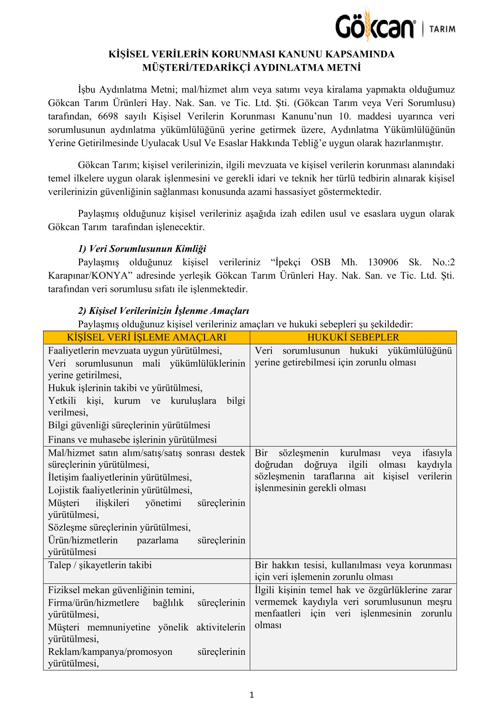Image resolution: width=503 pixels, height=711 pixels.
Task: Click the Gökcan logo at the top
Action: [x=375, y=26]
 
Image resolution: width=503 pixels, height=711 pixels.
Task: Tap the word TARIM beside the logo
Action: [x=442, y=29]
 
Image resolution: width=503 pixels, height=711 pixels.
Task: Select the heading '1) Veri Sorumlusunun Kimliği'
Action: [x=142, y=249]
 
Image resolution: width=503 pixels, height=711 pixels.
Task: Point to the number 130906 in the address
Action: [x=383, y=262]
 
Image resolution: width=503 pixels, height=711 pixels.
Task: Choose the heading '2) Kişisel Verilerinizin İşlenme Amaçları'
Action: [x=164, y=311]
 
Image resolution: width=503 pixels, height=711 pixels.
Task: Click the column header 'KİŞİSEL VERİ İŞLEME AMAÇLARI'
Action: [x=146, y=338]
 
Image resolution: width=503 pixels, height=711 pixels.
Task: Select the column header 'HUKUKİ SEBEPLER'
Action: [x=353, y=338]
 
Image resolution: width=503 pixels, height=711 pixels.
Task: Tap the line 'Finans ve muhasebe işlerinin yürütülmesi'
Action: [x=132, y=440]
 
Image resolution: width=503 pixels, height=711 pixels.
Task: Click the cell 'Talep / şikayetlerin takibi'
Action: [x=100, y=565]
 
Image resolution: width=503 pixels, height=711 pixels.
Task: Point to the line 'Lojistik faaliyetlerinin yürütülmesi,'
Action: [x=120, y=490]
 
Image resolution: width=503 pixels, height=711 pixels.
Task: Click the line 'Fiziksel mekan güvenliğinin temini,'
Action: [x=121, y=590]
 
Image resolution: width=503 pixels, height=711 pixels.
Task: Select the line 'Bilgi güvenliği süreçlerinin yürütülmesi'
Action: [x=129, y=425]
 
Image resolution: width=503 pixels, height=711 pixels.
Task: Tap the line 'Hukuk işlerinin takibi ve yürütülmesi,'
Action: [x=125, y=388]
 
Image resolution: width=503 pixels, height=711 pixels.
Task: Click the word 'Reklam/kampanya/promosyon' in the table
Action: [x=110, y=652]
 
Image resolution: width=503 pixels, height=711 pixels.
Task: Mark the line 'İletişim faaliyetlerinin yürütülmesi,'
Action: [x=120, y=477]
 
